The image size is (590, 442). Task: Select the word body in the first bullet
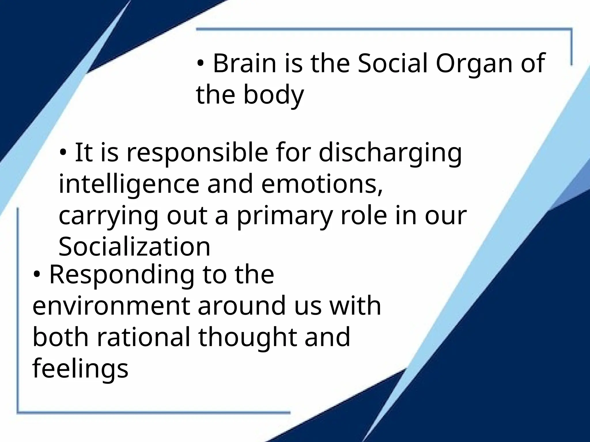(x=274, y=95)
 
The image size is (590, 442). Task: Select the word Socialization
(x=135, y=247)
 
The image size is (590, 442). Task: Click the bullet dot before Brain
(x=201, y=64)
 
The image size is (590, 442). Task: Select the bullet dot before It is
(x=63, y=153)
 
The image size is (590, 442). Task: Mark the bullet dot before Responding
(x=37, y=275)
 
